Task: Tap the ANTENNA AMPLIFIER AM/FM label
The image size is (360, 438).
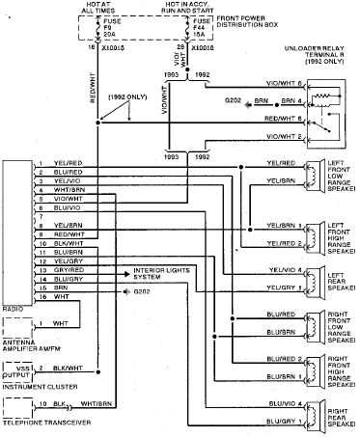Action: click(x=26, y=339)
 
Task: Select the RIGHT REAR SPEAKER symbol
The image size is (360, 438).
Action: click(x=314, y=414)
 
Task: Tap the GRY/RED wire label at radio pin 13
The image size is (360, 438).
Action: click(x=68, y=270)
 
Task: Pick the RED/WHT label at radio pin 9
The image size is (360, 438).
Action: click(x=68, y=233)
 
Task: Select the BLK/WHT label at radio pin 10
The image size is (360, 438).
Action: click(x=68, y=243)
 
